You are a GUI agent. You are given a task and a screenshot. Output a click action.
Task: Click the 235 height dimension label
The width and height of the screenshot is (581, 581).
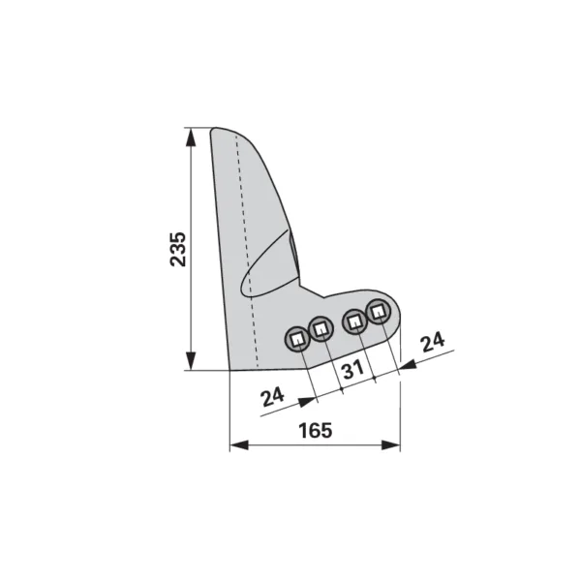click(x=178, y=249)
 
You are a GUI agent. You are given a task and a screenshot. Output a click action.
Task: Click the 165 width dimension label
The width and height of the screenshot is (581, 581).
click(x=316, y=430)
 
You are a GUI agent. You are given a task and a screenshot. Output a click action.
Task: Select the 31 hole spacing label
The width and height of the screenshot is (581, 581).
click(x=353, y=370)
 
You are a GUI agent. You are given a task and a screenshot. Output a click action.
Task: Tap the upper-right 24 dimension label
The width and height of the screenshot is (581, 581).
click(x=433, y=342)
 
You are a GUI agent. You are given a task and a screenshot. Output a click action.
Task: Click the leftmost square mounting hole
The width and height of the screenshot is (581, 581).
click(x=297, y=340)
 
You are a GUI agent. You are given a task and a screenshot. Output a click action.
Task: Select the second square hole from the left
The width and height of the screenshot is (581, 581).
click(x=321, y=328)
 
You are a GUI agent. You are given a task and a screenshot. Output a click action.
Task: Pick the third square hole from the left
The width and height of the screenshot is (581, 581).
click(x=355, y=321)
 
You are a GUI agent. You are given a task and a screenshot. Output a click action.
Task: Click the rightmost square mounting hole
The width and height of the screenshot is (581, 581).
click(x=378, y=311)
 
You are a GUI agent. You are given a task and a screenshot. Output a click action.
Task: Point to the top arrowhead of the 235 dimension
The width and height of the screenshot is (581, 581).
click(x=191, y=138)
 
